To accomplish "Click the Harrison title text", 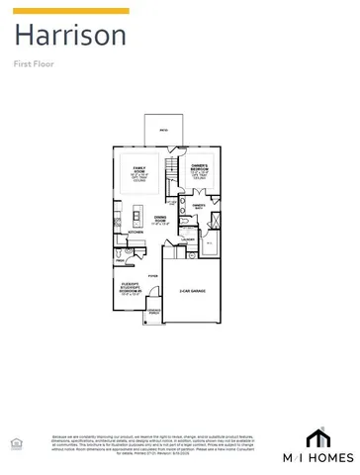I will pyautogui.click(x=69, y=37).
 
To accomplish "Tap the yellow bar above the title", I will pyautogui.click(x=70, y=11).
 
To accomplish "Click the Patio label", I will pyautogui.click(x=164, y=129).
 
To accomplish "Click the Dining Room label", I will pyautogui.click(x=159, y=219).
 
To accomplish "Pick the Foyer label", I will pyautogui.click(x=152, y=276).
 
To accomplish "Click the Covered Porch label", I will pyautogui.click(x=154, y=312).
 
